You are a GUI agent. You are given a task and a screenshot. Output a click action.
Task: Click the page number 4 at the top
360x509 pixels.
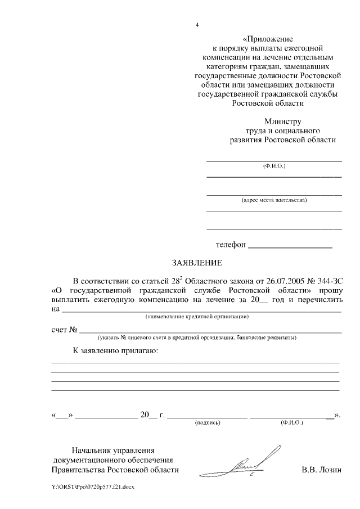coord(197,24)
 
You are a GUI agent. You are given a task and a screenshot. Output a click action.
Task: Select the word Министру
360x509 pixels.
coord(283,121)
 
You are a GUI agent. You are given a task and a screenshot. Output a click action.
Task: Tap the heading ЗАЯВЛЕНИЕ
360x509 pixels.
coord(197,263)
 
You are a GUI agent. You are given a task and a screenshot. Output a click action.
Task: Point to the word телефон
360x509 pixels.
coord(231,245)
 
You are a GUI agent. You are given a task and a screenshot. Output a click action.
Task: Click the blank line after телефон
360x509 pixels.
coord(290,246)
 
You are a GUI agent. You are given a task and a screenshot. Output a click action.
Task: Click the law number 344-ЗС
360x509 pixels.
coord(327,280)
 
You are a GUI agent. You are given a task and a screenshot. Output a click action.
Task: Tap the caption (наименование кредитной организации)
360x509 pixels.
coord(197,317)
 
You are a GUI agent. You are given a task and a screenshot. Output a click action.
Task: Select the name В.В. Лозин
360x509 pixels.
coord(322,470)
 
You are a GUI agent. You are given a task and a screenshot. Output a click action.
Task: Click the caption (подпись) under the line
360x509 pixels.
coord(208,422)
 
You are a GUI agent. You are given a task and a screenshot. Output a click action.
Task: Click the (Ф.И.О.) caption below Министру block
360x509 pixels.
coord(274,167)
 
